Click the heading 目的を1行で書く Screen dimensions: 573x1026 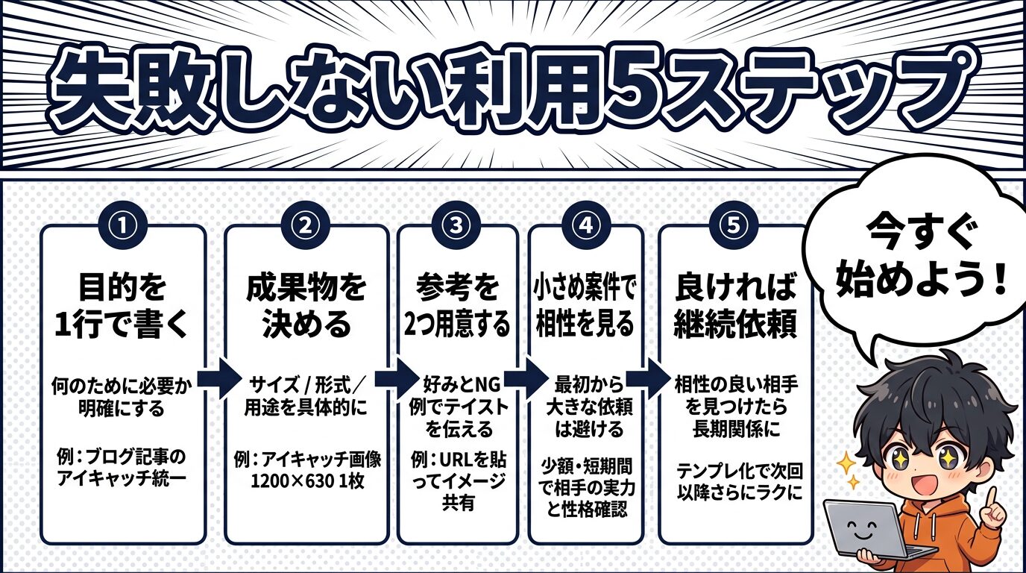point(122,307)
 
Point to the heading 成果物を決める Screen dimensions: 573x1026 point(306,307)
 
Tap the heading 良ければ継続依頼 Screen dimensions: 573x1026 point(734,307)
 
